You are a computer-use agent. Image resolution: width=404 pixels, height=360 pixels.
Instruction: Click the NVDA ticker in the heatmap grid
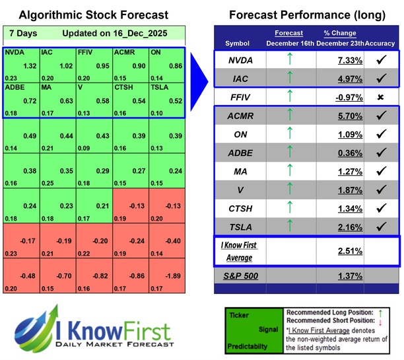coord(15,52)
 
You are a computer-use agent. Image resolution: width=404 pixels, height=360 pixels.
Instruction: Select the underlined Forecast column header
coord(288,33)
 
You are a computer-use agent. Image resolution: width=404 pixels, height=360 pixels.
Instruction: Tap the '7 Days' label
coord(23,33)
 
